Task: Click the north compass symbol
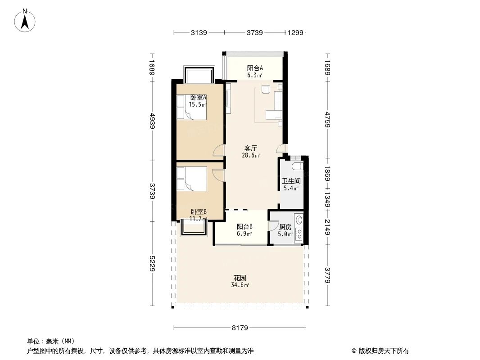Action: (26, 20)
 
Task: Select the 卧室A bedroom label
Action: (198, 97)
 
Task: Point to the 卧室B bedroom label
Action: (199, 211)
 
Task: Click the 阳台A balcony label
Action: (255, 68)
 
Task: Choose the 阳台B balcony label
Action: (245, 227)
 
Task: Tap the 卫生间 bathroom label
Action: (291, 181)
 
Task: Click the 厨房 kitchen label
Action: (285, 227)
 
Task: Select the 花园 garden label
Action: (240, 278)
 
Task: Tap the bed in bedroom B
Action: (192, 179)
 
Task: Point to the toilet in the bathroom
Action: (297, 167)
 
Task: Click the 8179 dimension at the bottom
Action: (240, 328)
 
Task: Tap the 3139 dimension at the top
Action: (199, 32)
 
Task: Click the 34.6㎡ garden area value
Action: (240, 285)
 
